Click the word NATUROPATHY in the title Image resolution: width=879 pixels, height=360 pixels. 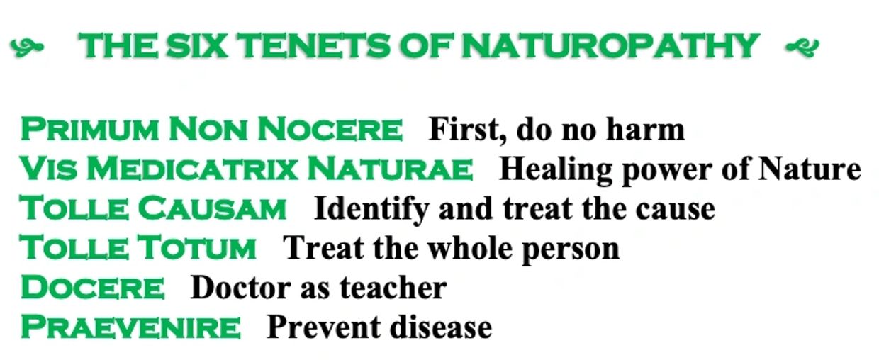pos(610,45)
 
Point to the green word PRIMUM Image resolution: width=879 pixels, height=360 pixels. pos(89,129)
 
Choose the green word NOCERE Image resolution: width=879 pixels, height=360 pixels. pos(330,129)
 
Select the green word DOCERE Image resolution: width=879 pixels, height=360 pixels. pos(93,288)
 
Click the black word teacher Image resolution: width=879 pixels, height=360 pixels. pos(393,288)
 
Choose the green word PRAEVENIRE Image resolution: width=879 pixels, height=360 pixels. pos(130,327)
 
